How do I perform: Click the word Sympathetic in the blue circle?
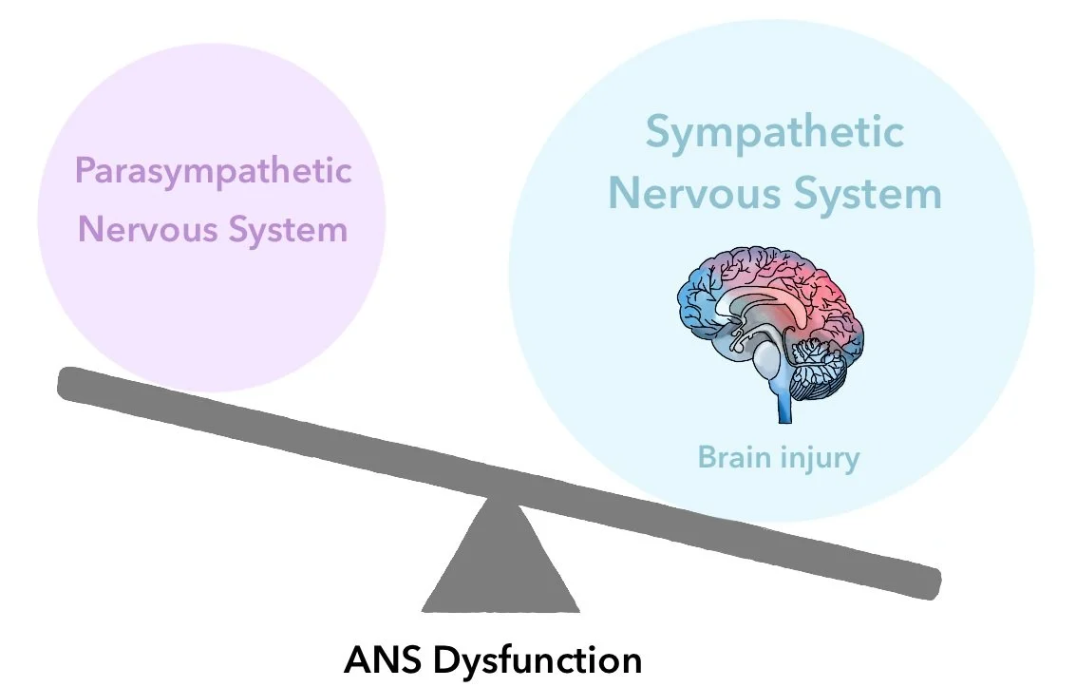click(x=774, y=132)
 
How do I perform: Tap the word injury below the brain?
click(x=820, y=459)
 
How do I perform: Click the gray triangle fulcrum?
click(x=500, y=570)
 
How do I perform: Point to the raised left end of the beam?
click(x=71, y=382)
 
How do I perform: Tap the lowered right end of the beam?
click(x=926, y=582)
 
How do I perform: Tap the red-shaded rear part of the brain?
click(x=836, y=295)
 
